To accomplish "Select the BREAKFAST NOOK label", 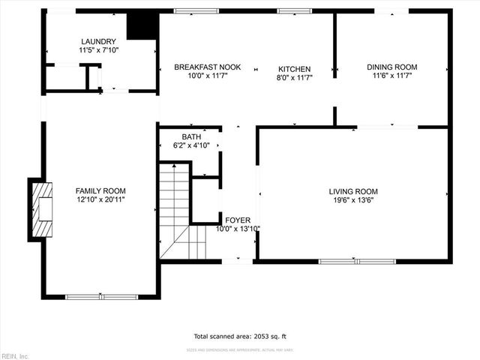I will coord(207,67).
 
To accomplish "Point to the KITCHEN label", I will coord(294,69).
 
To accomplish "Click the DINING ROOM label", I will coord(391,67).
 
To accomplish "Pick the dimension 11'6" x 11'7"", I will coord(391,76).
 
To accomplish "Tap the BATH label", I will coord(190,136).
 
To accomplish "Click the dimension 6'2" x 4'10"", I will coord(190,145).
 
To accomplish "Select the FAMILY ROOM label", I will coord(100,190).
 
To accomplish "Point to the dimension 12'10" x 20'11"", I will coord(100,199).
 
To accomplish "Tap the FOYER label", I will coord(238,220).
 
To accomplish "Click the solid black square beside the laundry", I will coord(141,26).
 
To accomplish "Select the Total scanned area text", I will coord(239,336).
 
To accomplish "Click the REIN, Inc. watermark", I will coord(15,355).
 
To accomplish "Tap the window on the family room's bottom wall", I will coord(101,297).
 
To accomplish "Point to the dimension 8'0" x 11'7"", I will coord(294,77).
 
